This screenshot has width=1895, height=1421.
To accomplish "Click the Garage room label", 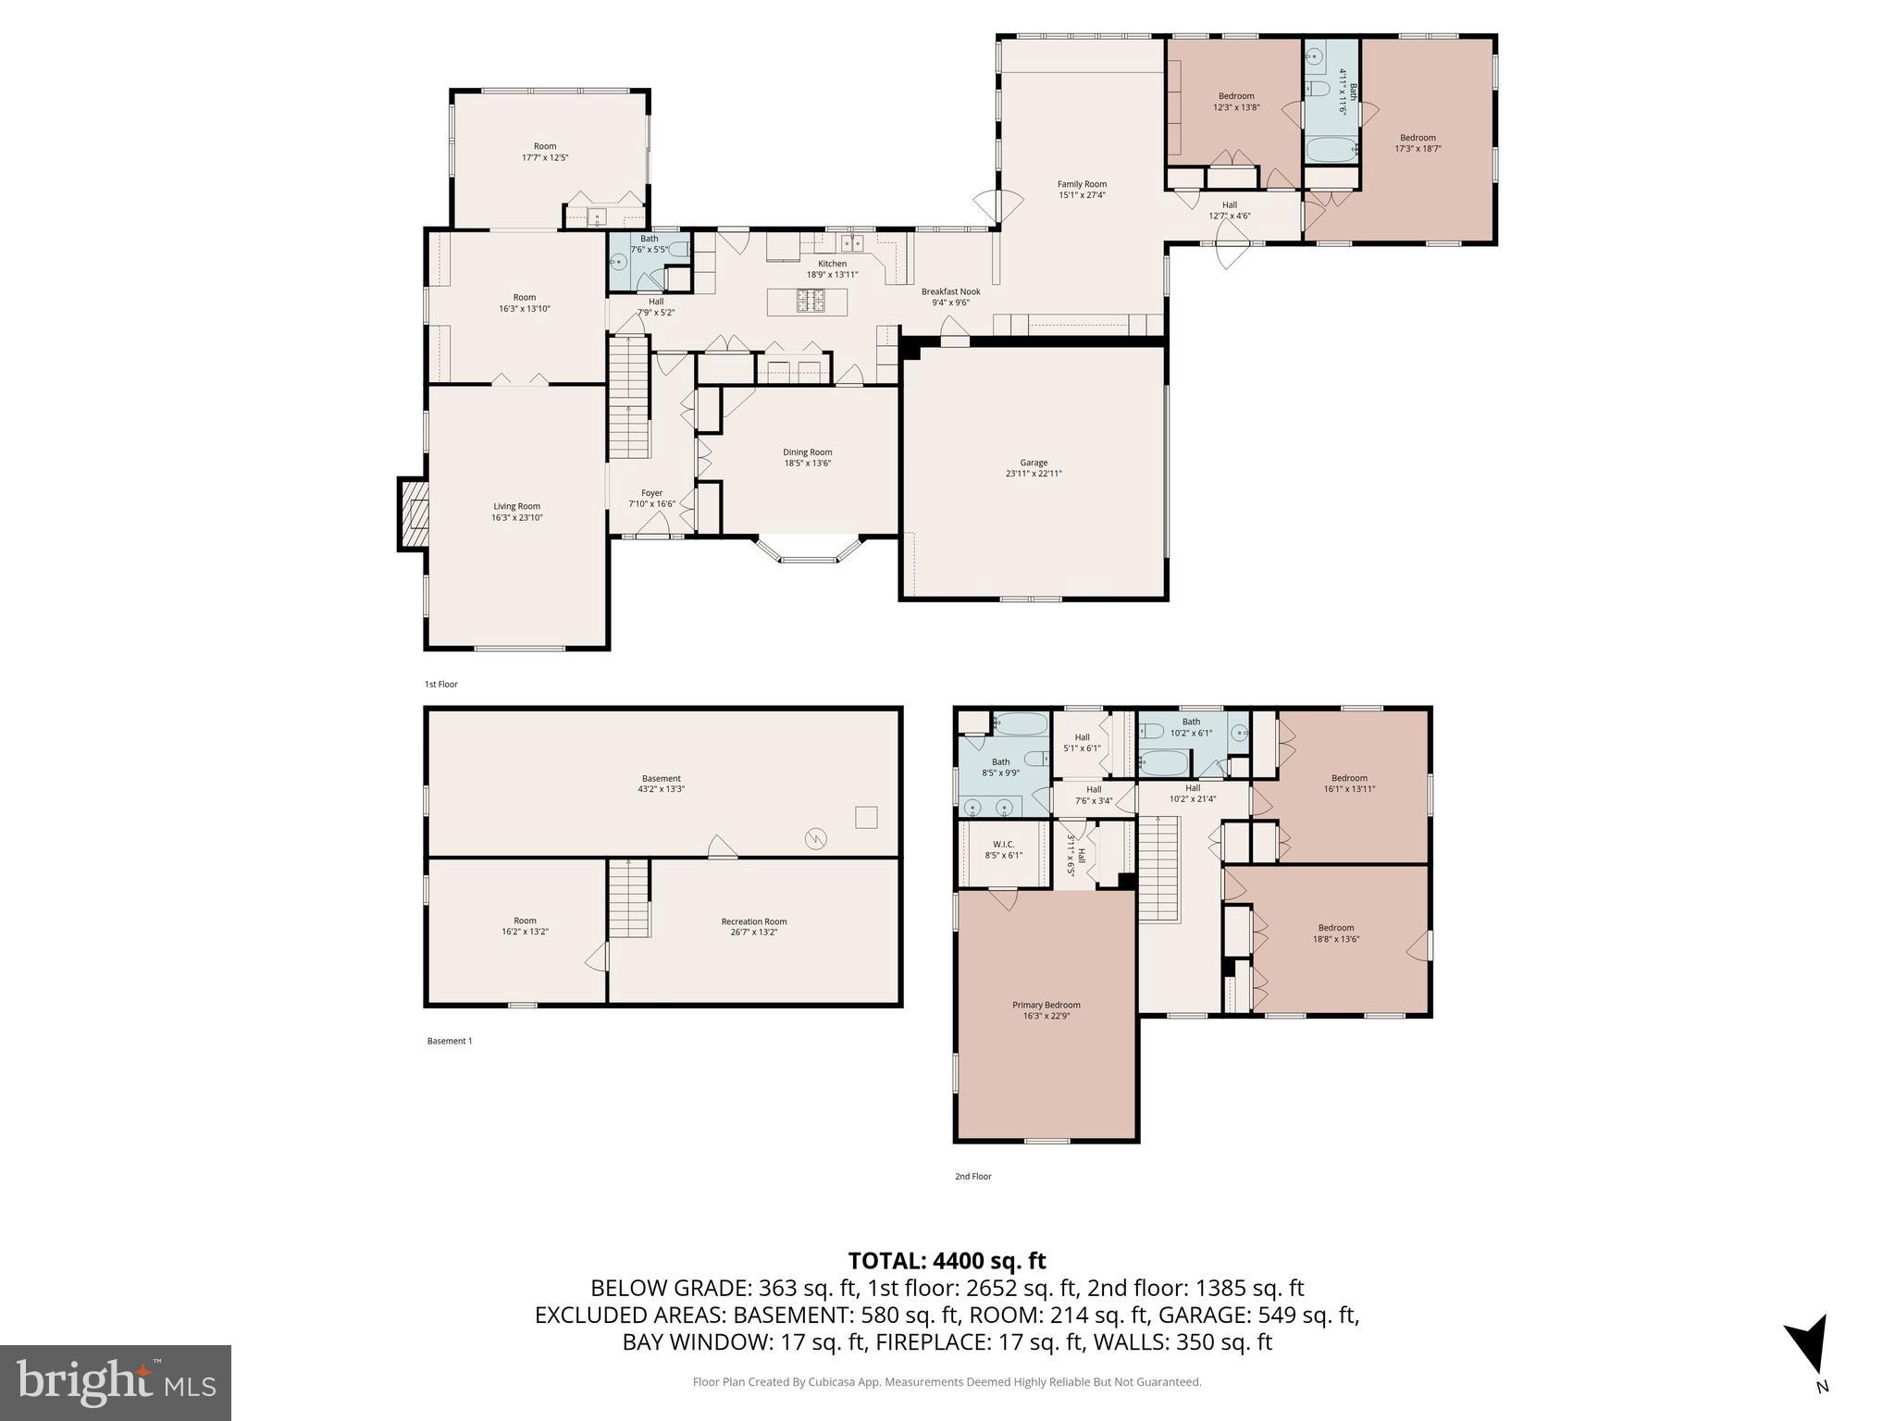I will click(x=1034, y=463).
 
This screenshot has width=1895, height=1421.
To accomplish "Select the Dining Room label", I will click(x=807, y=452).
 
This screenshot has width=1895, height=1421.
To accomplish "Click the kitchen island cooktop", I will click(x=811, y=300).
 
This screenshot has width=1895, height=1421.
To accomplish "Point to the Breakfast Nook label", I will click(x=950, y=291).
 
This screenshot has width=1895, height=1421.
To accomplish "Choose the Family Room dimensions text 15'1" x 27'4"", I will click(x=1082, y=195).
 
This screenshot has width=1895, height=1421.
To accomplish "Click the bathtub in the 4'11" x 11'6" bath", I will click(x=1331, y=149).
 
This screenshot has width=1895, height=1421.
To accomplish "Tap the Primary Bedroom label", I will click(x=1046, y=1005).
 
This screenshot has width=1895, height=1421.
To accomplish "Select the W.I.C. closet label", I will click(x=1003, y=844).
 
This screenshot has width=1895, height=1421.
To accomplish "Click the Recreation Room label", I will click(x=754, y=921).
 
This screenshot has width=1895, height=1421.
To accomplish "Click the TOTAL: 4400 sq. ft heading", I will click(x=947, y=1261).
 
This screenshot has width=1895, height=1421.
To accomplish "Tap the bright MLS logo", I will click(x=116, y=1382).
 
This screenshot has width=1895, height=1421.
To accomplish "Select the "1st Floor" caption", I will click(x=441, y=685).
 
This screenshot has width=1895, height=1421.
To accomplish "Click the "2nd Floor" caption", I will click(x=972, y=1177).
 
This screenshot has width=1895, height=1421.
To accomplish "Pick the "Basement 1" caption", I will click(x=450, y=1041).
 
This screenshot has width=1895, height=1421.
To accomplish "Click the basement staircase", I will click(x=629, y=898).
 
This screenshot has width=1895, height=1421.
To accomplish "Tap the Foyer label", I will click(x=651, y=493).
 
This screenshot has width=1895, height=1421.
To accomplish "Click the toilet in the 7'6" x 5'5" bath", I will click(x=679, y=249).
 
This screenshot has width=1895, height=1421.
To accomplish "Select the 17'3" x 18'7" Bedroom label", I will click(x=1418, y=138).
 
